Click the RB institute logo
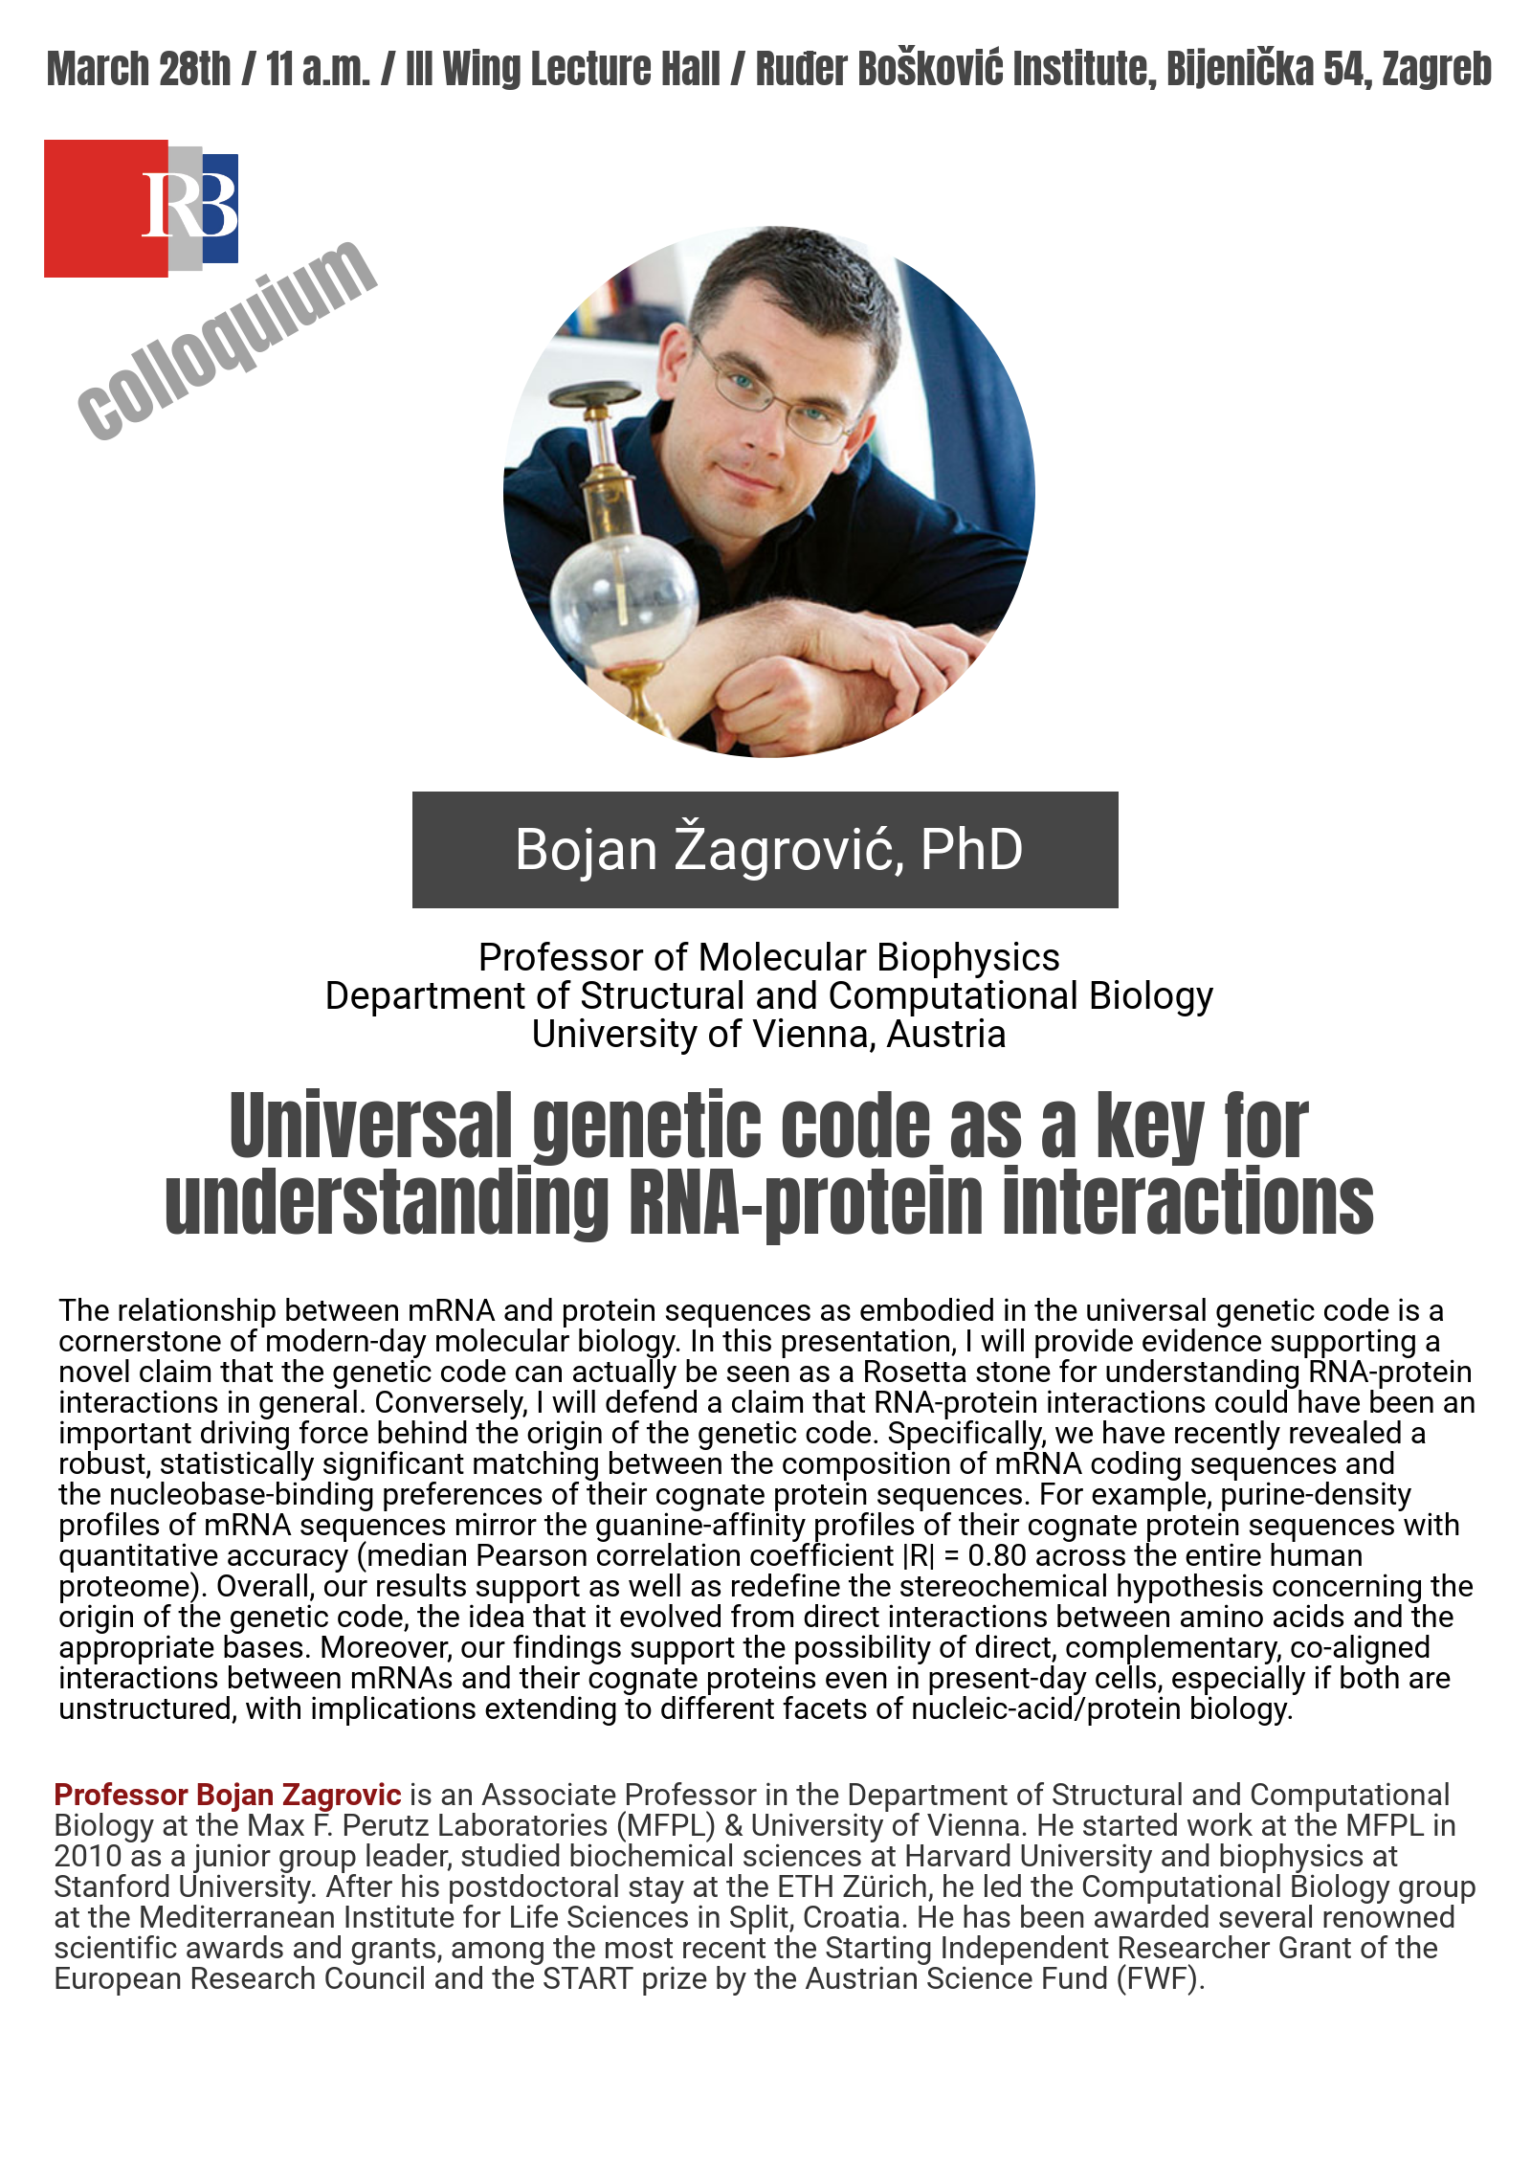coord(141,208)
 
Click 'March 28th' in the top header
coord(139,69)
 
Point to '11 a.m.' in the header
coord(318,69)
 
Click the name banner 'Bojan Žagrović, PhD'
coord(765,850)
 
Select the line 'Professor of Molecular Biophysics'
coord(769,957)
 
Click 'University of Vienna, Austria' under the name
coord(769,1034)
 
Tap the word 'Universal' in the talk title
coord(371,1126)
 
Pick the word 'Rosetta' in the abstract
coord(915,1372)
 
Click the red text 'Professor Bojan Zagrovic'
coord(228,1795)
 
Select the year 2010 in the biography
coord(87,1856)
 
